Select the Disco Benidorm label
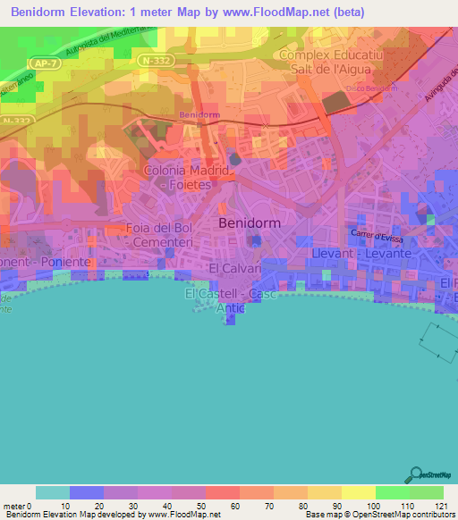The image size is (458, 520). [370, 88]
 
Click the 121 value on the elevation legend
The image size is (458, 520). [431, 507]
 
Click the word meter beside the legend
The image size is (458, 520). [16, 507]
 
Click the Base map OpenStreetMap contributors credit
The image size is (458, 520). [379, 516]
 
